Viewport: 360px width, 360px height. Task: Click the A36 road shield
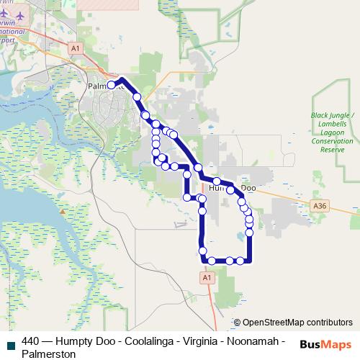pyautogui.click(x=320, y=205)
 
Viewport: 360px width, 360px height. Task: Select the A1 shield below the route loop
pyautogui.click(x=206, y=277)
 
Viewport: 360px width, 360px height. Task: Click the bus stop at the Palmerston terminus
pyautogui.click(x=112, y=85)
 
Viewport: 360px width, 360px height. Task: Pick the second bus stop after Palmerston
pyautogui.click(x=145, y=115)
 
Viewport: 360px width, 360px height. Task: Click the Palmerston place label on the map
pyautogui.click(x=99, y=86)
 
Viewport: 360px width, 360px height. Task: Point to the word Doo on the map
pyautogui.click(x=248, y=188)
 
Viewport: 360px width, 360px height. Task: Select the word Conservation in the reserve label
pyautogui.click(x=332, y=142)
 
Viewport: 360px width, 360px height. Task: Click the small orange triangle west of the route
pyautogui.click(x=63, y=212)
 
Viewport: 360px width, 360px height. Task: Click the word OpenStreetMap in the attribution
pyautogui.click(x=274, y=323)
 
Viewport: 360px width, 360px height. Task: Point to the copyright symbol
pyautogui.click(x=237, y=323)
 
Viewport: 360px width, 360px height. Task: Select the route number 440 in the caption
pyautogui.click(x=30, y=341)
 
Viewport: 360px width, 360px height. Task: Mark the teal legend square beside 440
pyautogui.click(x=10, y=342)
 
